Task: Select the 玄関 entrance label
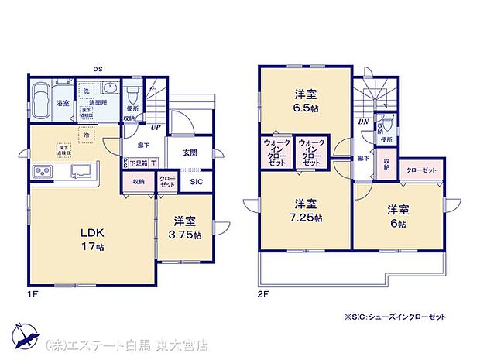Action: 190,153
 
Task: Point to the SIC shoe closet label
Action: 196,182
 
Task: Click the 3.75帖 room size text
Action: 187,235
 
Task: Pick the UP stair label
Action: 156,127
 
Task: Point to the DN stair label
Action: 363,122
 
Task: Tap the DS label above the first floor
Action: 98,69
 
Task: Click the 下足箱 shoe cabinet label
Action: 138,163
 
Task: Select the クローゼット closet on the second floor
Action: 420,170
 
